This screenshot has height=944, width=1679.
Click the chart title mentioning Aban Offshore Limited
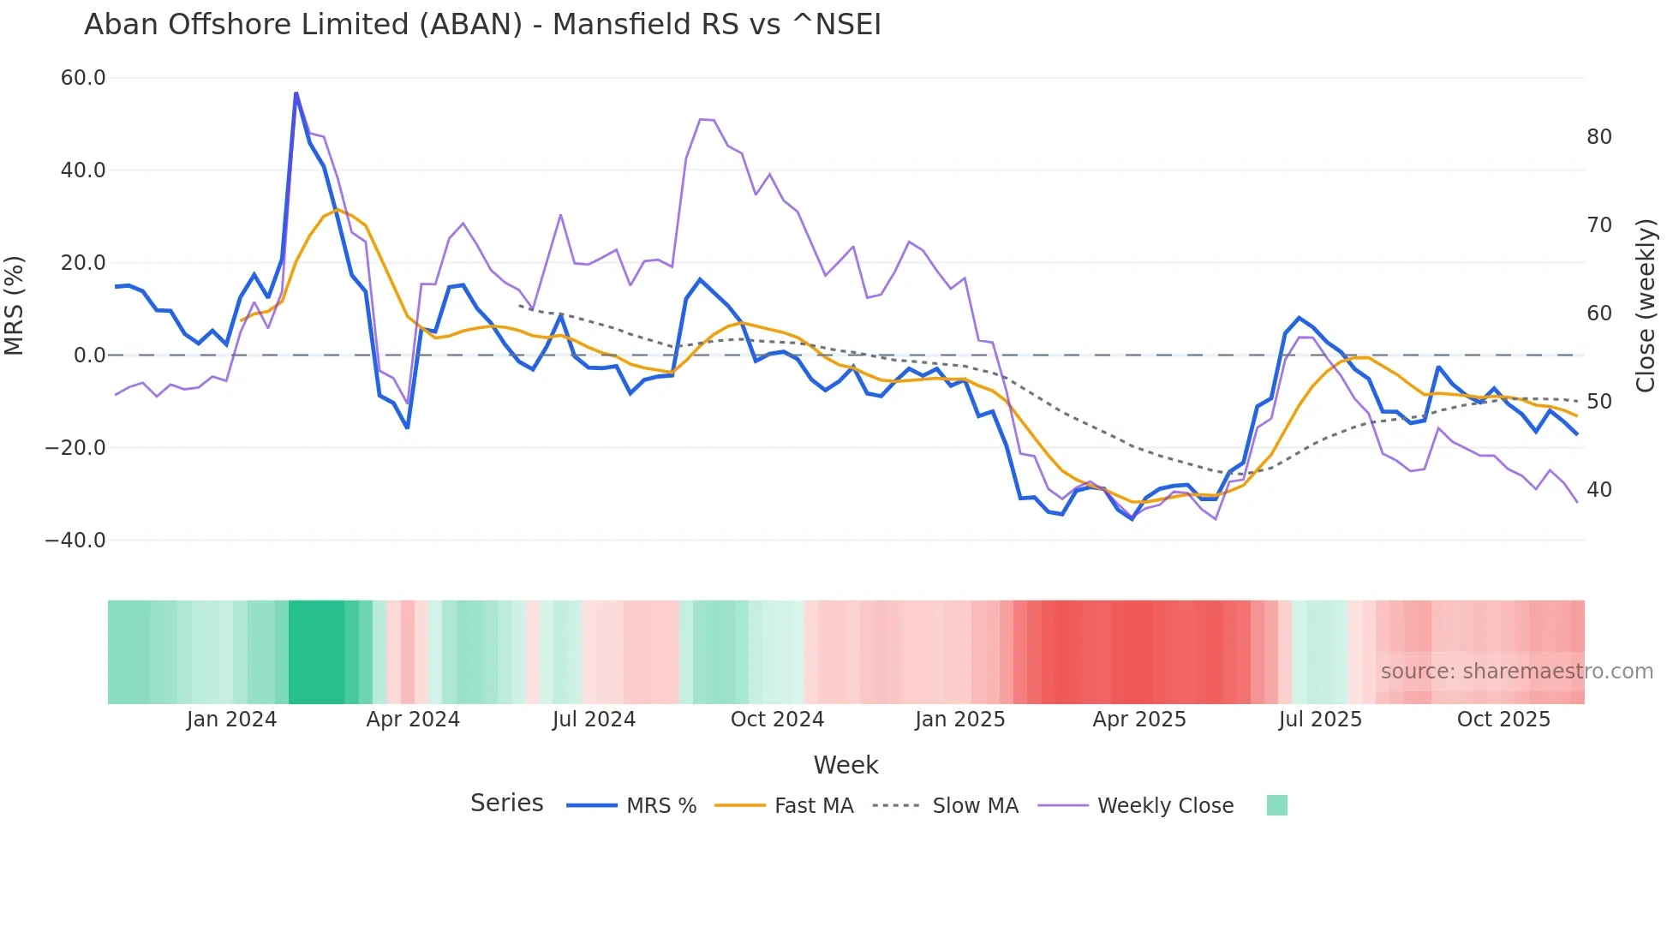pos(482,25)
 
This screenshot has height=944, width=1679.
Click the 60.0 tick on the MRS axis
pos(83,78)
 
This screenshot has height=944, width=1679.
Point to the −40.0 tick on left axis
pos(75,541)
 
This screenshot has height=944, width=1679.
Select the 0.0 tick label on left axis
pos(90,355)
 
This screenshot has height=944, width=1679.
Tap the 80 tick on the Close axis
pos(1598,137)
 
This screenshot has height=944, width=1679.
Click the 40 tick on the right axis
pos(1598,490)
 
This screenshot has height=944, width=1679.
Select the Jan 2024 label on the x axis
pos(231,720)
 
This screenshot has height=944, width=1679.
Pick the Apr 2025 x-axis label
pos(1138,720)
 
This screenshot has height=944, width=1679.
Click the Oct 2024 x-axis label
pos(777,720)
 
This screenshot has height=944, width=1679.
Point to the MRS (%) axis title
pos(15,305)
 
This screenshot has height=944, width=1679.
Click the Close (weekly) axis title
pos(1645,306)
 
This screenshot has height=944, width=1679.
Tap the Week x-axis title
pos(845,765)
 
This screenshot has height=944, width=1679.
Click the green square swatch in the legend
pos(1276,805)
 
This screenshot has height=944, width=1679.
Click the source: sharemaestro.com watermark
pos(1516,672)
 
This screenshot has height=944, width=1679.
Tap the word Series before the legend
pos(506,804)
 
